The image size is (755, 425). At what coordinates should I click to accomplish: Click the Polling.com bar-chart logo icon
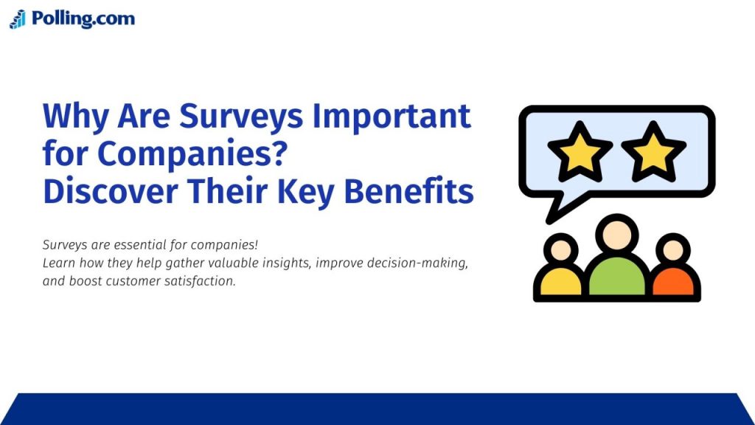click(18, 19)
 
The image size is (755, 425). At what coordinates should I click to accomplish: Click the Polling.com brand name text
click(83, 18)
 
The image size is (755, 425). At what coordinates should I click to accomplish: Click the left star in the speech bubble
click(580, 151)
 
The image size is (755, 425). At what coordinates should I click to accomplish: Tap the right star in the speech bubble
click(653, 151)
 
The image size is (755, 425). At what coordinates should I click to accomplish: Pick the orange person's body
click(674, 282)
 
